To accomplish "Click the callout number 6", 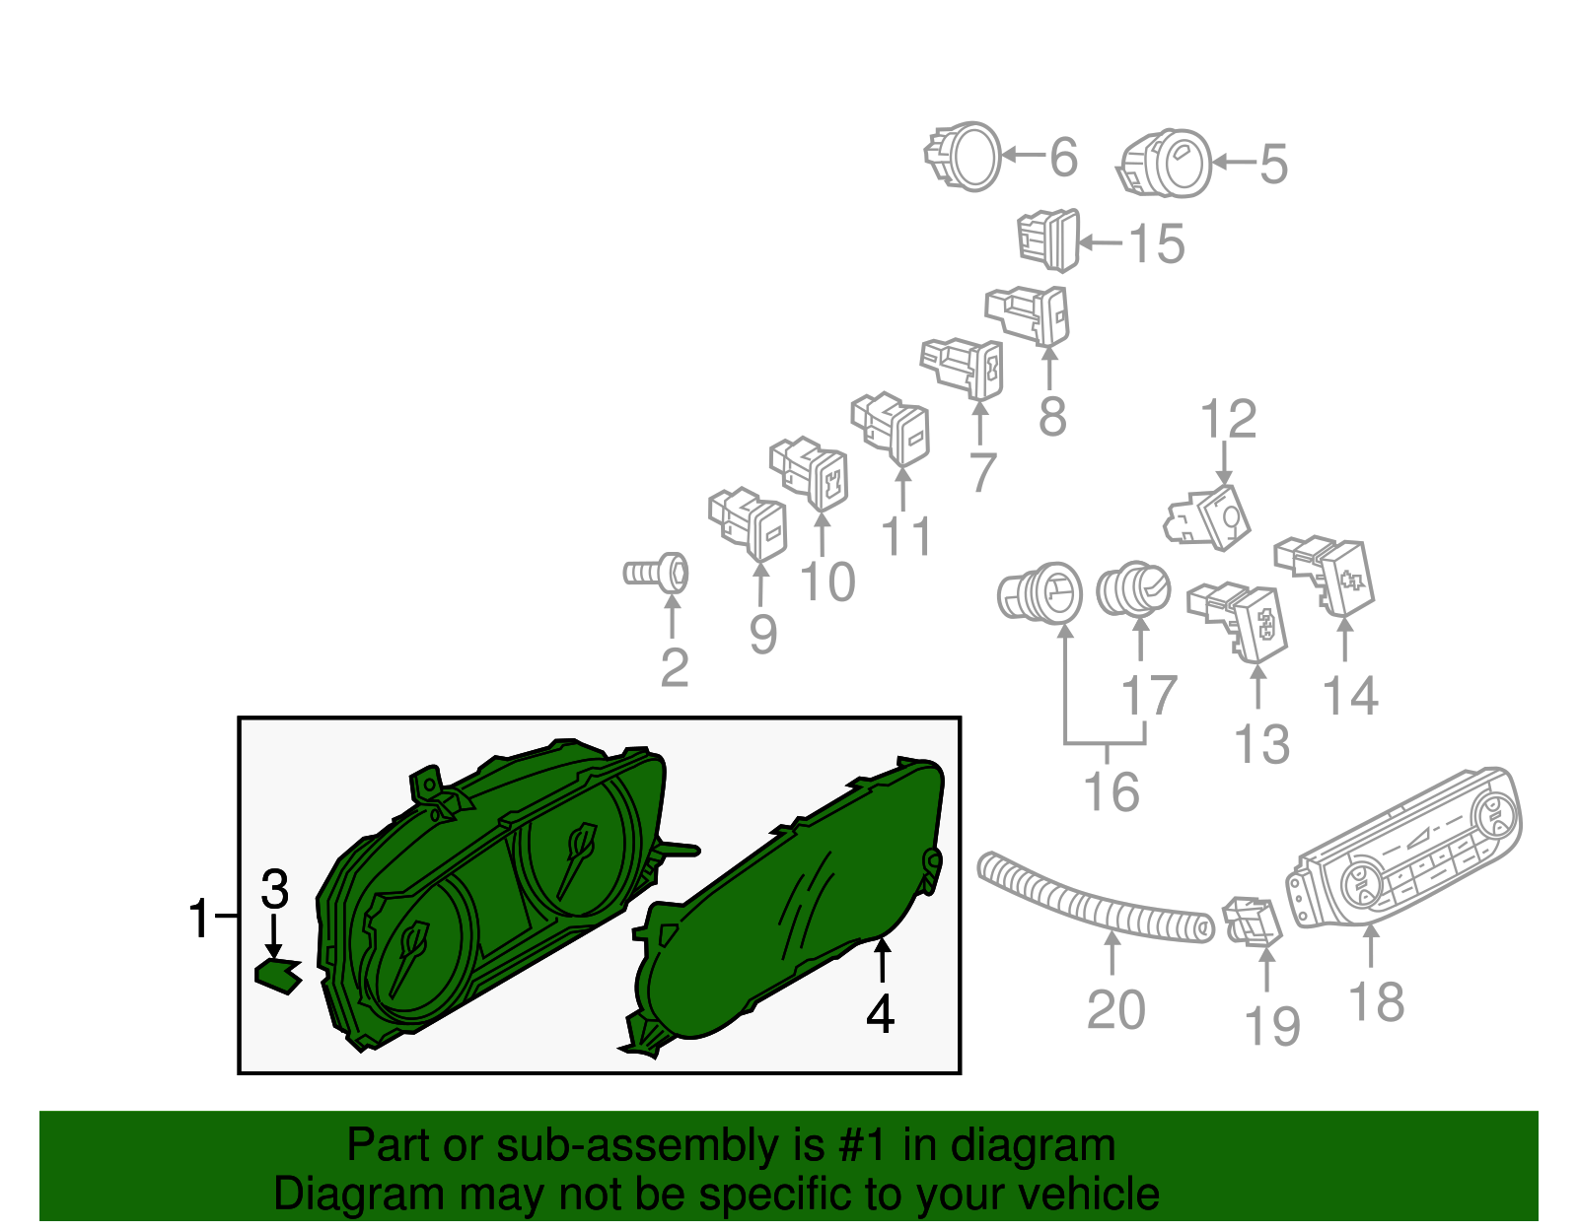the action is coord(1063,157).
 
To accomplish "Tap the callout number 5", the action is coord(1273,164).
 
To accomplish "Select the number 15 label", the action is coord(1157,243).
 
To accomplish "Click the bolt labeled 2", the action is coord(656,574).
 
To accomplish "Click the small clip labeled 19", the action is coord(1253,922).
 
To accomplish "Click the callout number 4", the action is coord(880,1014).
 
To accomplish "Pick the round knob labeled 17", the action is coord(1133,589).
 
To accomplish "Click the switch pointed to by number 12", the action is coord(1207,518).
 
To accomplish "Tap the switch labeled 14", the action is coord(1325,577).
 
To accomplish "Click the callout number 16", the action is coord(1112,792).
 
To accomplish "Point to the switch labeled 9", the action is coord(748,524).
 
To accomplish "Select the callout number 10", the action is coord(827,581).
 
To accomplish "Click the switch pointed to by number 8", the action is coord(1027,315).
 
